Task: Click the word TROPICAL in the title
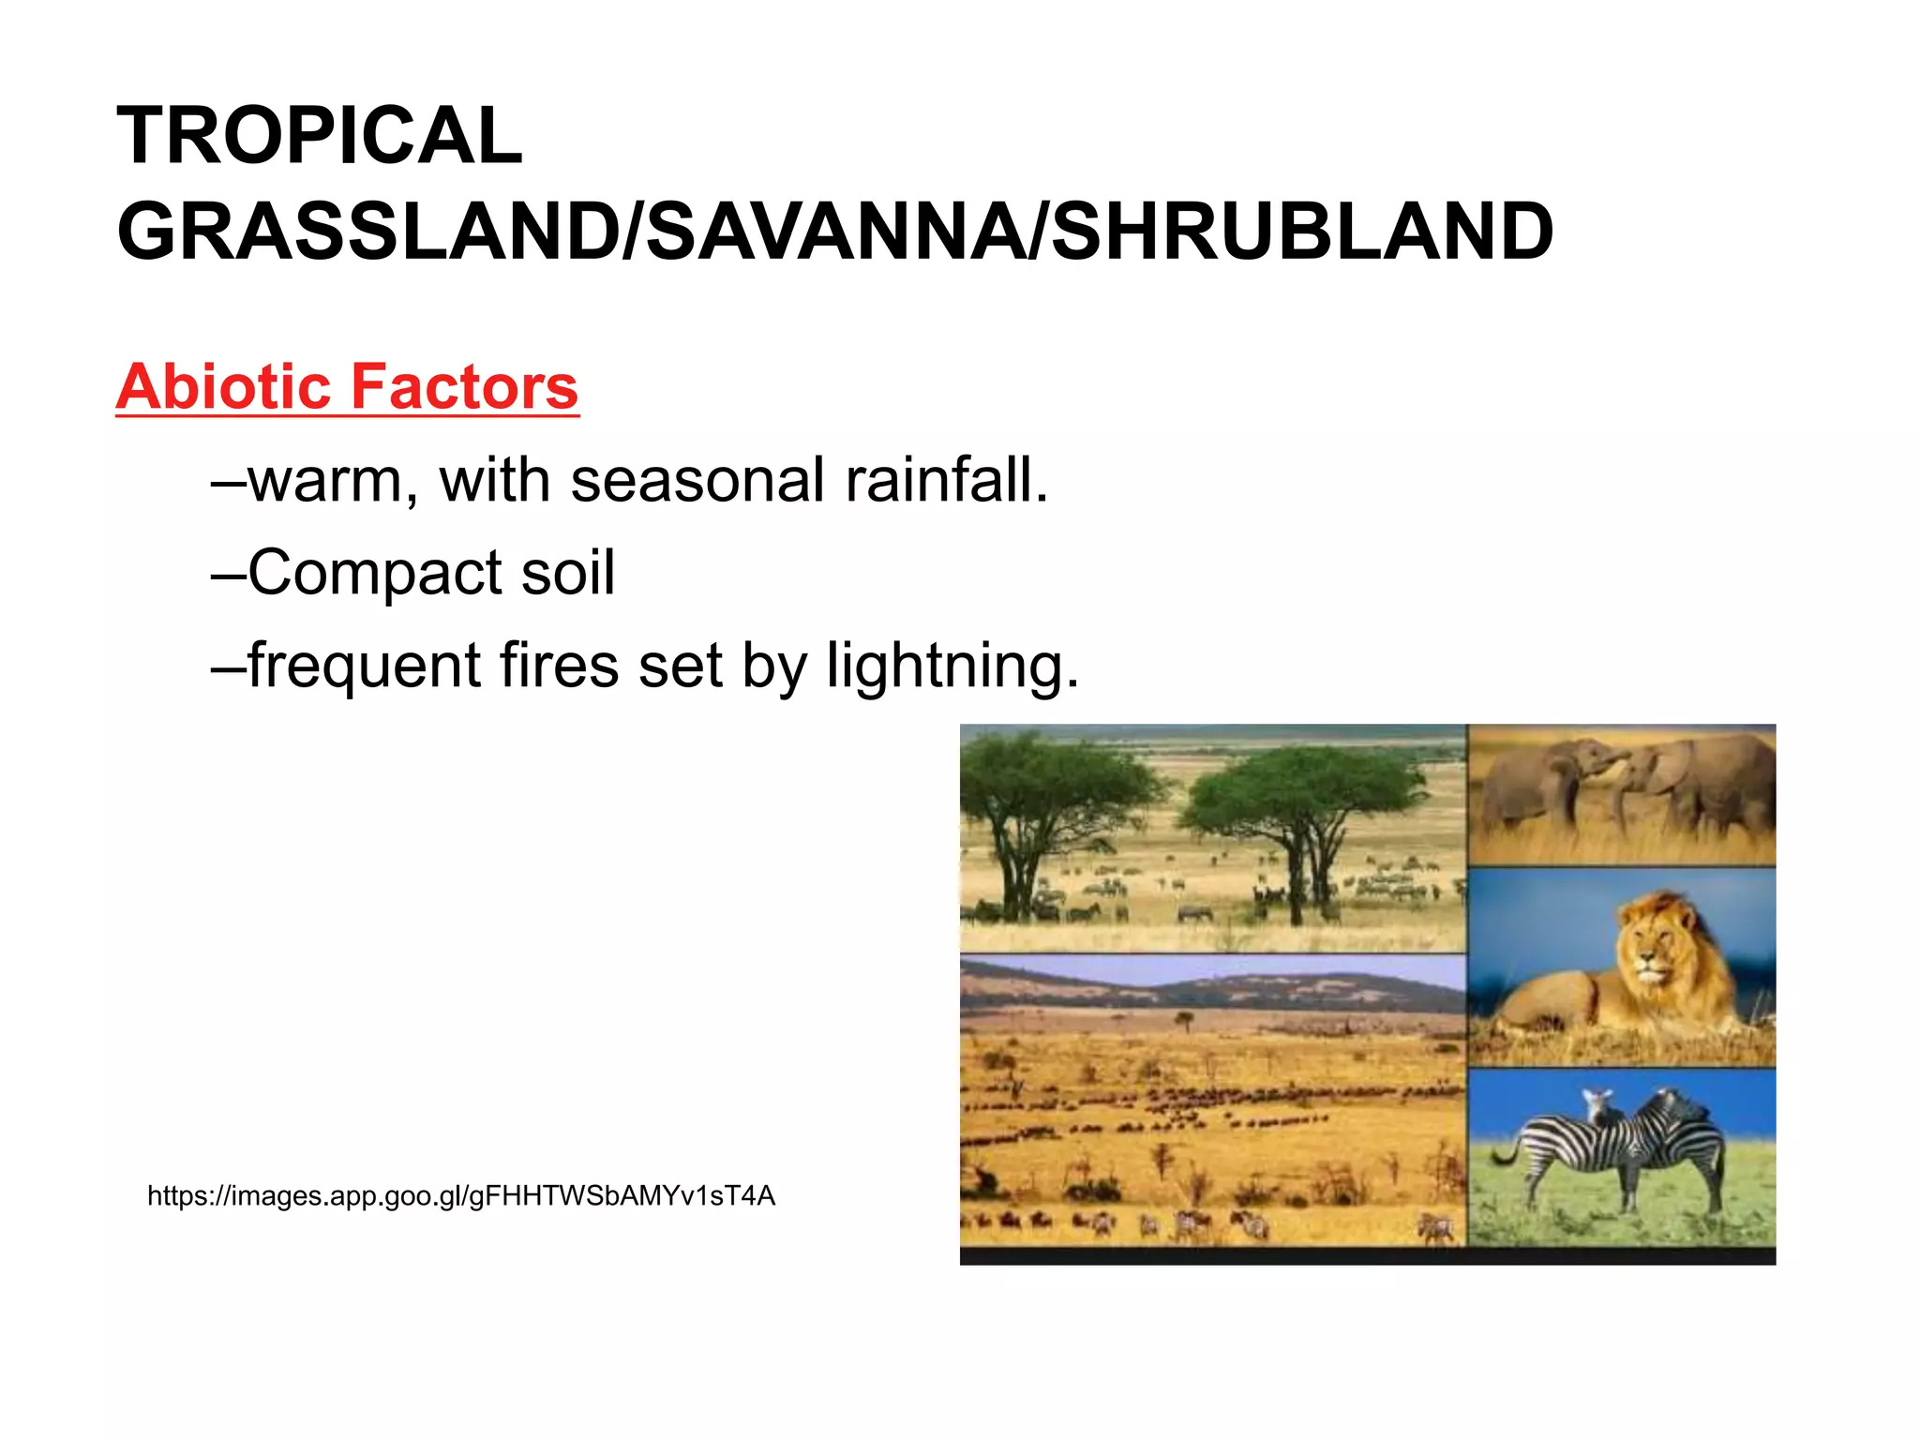click(x=319, y=136)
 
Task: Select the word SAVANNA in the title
click(x=837, y=232)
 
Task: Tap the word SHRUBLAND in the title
click(x=1302, y=232)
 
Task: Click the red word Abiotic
click(x=225, y=386)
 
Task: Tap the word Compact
click(x=376, y=573)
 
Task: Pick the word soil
click(x=567, y=573)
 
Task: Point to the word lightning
click(x=952, y=666)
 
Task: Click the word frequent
click(x=365, y=666)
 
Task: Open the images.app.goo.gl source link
click(x=461, y=1196)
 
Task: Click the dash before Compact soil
click(x=228, y=573)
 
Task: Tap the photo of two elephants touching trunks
click(x=1621, y=794)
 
